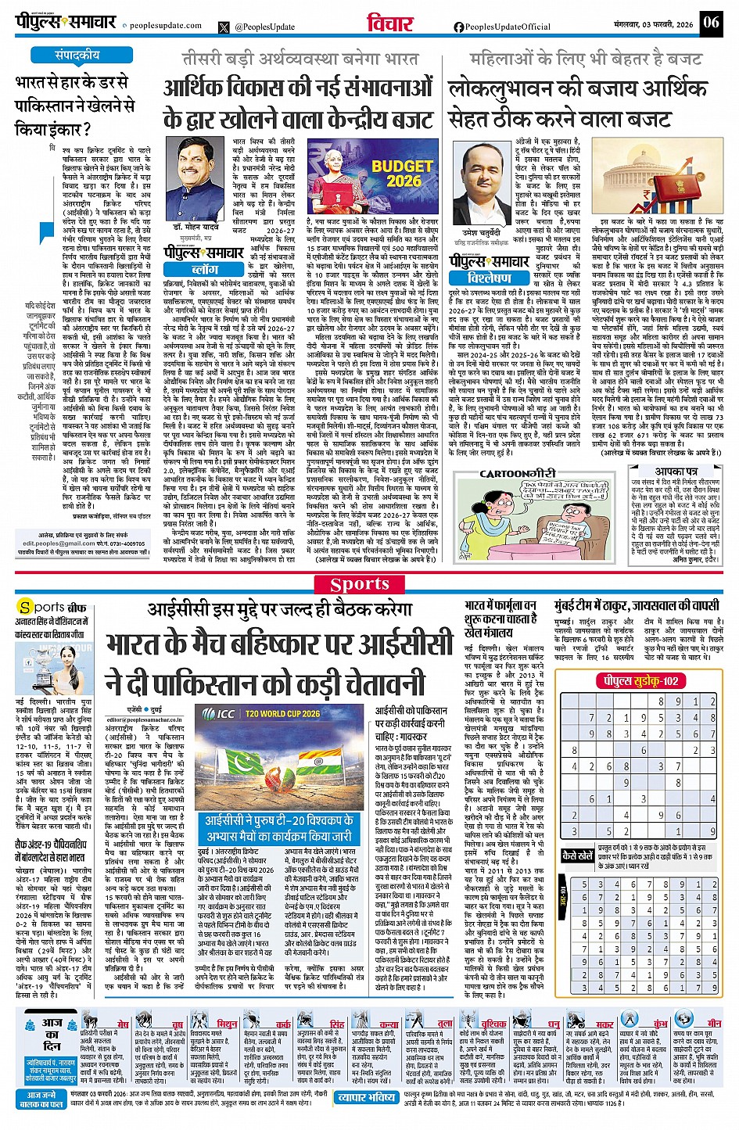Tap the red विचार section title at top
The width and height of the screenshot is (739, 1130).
389,24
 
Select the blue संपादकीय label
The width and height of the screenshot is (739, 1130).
77,56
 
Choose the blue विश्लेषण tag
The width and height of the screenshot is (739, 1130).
490,278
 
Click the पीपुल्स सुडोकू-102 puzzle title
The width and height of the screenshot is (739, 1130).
640,680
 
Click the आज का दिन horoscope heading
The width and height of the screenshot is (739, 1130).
52,1034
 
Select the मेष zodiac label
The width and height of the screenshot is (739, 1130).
123,1024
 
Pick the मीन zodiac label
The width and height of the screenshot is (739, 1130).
714,1023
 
